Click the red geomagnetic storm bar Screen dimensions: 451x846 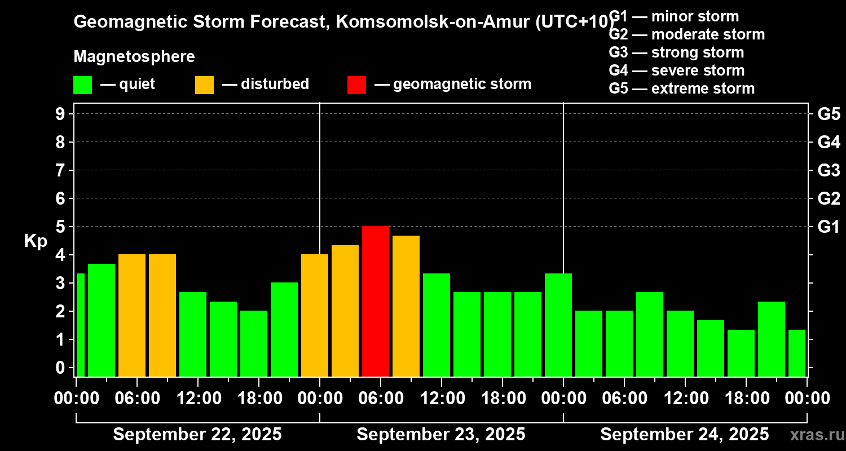coord(376,301)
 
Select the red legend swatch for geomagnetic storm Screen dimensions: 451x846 coord(356,85)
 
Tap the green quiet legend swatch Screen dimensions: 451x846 coord(82,85)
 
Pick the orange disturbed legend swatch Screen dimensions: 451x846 coord(204,85)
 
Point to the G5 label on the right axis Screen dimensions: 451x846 coord(829,114)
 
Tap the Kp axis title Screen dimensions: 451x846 coord(36,241)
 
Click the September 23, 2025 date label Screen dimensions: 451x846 coord(441,434)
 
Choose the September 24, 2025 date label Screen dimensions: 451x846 coord(684,434)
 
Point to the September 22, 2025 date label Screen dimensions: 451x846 coord(197,434)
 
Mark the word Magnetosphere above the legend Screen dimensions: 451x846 coord(134,57)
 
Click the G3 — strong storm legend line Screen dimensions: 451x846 coord(676,52)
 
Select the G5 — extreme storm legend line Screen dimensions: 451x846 coord(681,89)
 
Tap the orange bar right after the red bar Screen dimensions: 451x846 coord(406,306)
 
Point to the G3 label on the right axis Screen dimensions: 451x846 coord(829,170)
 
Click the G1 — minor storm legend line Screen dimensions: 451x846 coord(674,16)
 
